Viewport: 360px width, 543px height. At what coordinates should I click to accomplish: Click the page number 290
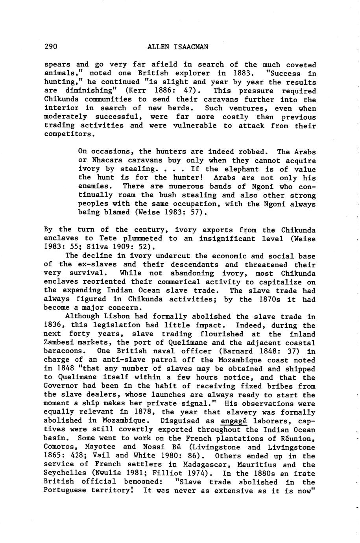[x=51, y=47]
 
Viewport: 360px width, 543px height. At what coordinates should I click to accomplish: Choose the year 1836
[x=52, y=325]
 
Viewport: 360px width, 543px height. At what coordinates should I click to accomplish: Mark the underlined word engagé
[x=234, y=421]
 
